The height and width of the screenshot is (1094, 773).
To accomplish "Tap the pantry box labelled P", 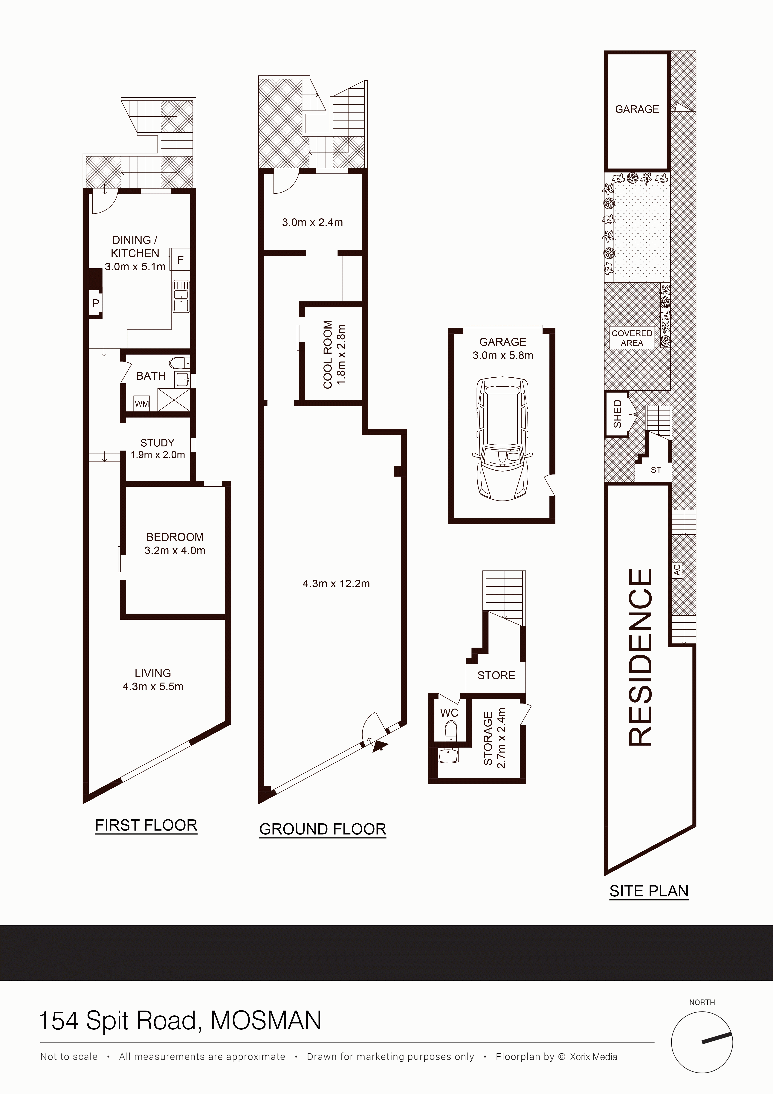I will coord(96,303).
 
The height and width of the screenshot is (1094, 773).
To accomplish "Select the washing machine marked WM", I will coord(141,404).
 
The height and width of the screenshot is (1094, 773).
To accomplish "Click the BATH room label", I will coord(151,376).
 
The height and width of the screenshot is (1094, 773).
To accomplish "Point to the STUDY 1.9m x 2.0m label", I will coord(158,448).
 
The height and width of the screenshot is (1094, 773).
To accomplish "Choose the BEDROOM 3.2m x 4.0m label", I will coord(175,544).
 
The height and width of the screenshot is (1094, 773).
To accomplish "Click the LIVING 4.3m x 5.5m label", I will coord(153,679).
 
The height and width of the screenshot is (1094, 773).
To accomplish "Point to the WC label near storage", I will coord(449,713).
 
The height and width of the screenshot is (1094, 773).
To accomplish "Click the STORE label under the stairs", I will coord(496,675).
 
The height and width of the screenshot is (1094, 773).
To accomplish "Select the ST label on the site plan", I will coord(656,470).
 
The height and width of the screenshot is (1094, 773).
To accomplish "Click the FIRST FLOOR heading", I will coord(146,825).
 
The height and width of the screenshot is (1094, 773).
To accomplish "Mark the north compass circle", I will coord(702,1043).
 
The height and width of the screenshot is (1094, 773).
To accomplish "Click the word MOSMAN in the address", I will coord(266,1021).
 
